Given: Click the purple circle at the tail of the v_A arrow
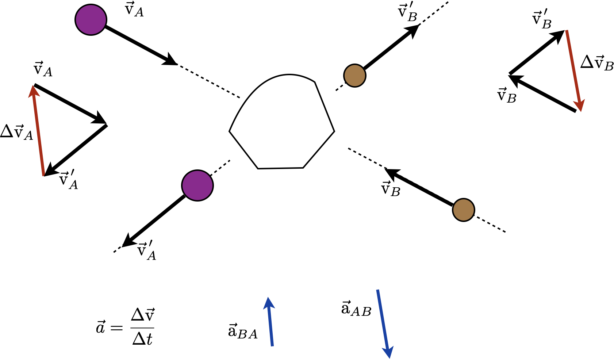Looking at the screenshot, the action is (x=91, y=20).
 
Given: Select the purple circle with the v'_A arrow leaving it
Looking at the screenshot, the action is (x=197, y=185).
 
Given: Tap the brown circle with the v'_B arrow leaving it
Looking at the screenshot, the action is (x=354, y=76).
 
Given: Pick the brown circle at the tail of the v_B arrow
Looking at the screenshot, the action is (x=463, y=210).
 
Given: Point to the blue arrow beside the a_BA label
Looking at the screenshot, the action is (x=270, y=321).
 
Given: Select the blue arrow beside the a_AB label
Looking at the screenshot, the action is (x=383, y=323).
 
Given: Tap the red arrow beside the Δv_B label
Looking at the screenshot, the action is (x=573, y=69).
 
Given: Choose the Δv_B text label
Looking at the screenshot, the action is (x=596, y=63).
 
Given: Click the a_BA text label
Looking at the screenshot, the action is (x=243, y=331).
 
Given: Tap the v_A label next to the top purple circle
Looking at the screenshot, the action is (x=134, y=10).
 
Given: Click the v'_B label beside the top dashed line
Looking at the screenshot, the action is (x=408, y=13).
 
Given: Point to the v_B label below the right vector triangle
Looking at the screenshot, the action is (x=507, y=96).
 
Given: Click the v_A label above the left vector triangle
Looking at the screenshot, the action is (x=43, y=69).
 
